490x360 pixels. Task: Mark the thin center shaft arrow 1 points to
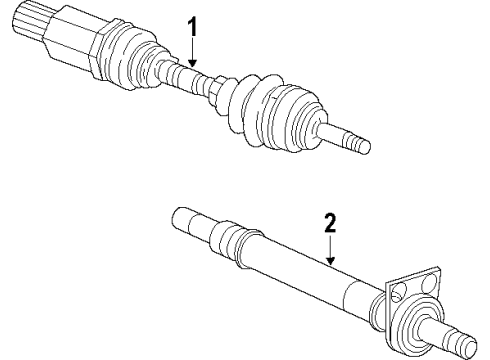pos(190,78)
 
